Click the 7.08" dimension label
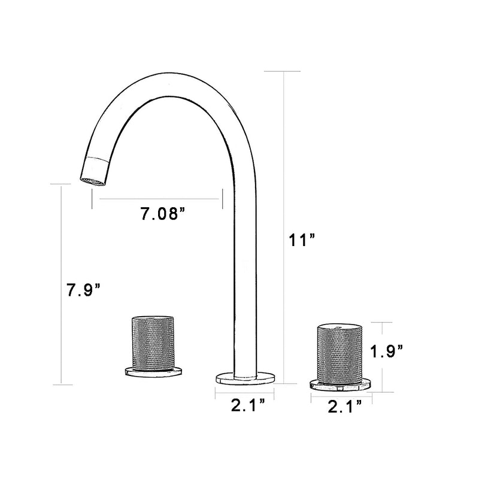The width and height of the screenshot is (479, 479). (x=161, y=214)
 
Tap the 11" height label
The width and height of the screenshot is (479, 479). (x=302, y=241)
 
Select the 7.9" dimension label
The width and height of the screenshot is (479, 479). (x=83, y=291)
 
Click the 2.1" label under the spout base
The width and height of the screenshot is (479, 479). (x=248, y=407)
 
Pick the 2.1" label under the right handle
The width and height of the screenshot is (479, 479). (x=345, y=407)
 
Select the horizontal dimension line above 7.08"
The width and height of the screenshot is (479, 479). (x=157, y=199)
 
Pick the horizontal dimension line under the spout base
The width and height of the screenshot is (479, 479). (x=245, y=392)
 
